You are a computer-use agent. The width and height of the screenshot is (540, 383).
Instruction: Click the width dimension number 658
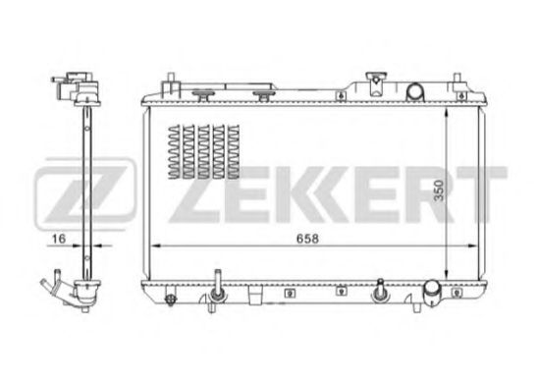(x=307, y=239)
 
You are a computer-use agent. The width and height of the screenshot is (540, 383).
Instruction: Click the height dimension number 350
(x=439, y=191)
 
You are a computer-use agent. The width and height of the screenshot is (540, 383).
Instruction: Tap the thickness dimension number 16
(x=58, y=239)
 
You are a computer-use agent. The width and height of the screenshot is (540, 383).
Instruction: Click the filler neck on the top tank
(x=376, y=83)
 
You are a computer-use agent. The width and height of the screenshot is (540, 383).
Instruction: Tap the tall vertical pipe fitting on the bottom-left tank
(x=217, y=290)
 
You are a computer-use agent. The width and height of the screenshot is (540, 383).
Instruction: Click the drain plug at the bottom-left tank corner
(x=170, y=300)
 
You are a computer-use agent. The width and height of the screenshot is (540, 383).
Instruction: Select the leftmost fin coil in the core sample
(x=174, y=151)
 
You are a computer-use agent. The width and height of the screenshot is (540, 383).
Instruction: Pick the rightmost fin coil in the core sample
(x=234, y=151)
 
